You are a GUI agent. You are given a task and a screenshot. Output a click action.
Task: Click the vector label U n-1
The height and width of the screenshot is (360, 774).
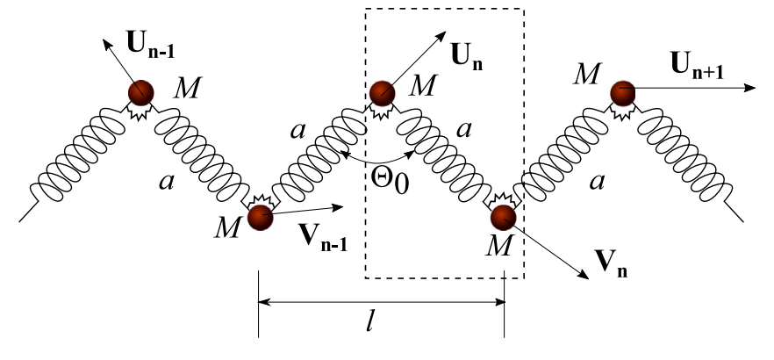151,45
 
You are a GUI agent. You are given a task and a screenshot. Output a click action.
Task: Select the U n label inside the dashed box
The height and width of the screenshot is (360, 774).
467,57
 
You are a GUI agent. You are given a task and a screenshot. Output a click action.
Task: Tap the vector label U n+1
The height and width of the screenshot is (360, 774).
697,65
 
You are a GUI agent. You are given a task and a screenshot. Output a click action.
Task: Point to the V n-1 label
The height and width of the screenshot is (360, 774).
323,237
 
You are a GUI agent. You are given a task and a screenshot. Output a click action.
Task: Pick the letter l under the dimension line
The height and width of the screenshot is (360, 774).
369,322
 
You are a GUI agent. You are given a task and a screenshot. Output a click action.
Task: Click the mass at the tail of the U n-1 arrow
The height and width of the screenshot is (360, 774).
141,93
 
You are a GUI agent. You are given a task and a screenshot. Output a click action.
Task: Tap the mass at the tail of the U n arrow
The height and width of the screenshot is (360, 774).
382,93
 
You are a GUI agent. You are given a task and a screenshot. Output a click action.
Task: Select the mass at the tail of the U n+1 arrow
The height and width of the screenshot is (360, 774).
623,93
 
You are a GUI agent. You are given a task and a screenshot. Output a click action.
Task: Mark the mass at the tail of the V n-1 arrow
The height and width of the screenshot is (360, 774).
260,217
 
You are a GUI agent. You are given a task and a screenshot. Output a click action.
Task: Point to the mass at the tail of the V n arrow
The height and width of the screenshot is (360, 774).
503,217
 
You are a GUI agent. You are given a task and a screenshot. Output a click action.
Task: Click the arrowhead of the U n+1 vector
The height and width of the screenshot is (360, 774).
749,88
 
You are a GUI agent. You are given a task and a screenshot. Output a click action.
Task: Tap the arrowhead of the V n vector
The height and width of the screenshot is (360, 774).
584,275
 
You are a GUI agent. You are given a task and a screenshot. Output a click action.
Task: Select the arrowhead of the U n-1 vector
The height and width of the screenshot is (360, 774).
107,45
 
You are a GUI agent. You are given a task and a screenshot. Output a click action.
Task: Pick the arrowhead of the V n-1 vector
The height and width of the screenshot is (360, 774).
337,207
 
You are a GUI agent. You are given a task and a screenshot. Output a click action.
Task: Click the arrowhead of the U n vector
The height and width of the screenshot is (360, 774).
441,36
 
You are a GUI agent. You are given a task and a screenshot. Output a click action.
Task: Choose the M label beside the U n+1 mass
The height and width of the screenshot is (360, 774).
587,74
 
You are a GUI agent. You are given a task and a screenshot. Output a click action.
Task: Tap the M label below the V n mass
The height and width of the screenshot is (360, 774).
499,245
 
